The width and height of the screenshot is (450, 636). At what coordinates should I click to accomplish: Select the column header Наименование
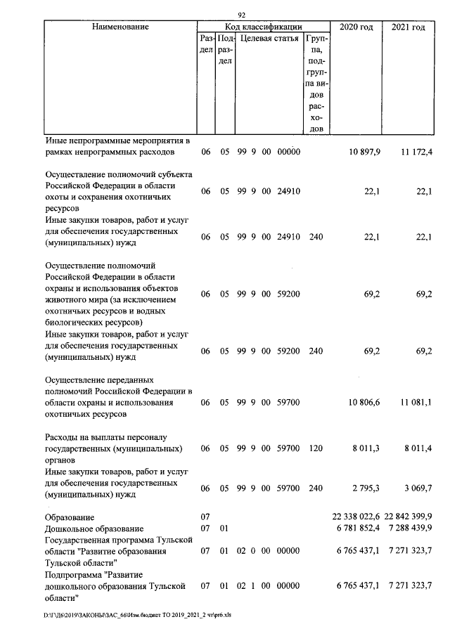click(x=120, y=27)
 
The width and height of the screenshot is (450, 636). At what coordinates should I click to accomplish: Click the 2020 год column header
click(x=356, y=27)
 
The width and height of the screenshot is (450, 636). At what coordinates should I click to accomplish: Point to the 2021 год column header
click(x=408, y=27)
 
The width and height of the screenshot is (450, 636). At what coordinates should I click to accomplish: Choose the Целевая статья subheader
click(x=269, y=38)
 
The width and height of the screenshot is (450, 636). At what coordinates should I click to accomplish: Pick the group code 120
click(x=316, y=448)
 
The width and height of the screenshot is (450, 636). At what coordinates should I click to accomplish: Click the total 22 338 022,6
click(x=356, y=517)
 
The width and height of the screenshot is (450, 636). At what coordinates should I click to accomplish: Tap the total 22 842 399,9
click(x=409, y=517)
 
